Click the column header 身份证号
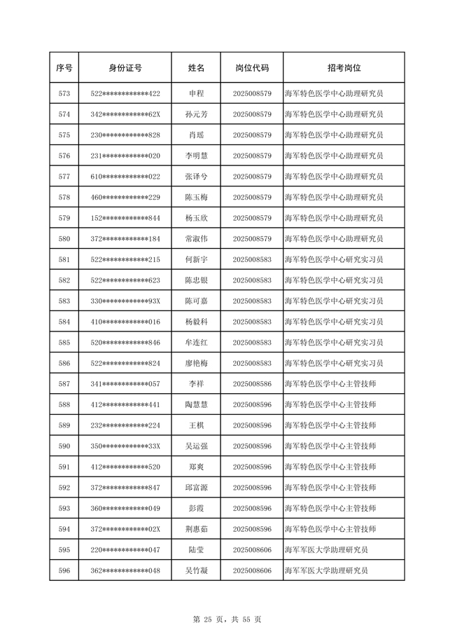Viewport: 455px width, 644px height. coord(125,68)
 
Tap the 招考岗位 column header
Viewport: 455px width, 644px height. coord(344,68)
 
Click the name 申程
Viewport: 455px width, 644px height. coord(197,93)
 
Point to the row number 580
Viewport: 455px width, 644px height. coord(64,239)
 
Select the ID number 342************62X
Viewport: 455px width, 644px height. coord(125,114)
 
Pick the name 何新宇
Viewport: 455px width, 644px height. coord(197,259)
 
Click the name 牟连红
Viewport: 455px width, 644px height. coord(197,343)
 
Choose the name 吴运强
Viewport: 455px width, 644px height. coord(197,446)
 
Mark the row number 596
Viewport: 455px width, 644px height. coord(64,571)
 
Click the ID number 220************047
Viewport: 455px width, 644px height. coord(125,550)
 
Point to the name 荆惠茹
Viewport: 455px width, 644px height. coord(197,529)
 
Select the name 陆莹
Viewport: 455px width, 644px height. coord(197,550)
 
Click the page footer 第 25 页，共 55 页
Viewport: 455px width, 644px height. coord(227,619)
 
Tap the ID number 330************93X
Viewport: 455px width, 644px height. coord(125,301)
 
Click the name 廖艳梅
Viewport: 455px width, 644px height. coord(197,364)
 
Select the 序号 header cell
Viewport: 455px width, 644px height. coord(64,68)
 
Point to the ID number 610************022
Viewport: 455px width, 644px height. coord(125,177)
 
